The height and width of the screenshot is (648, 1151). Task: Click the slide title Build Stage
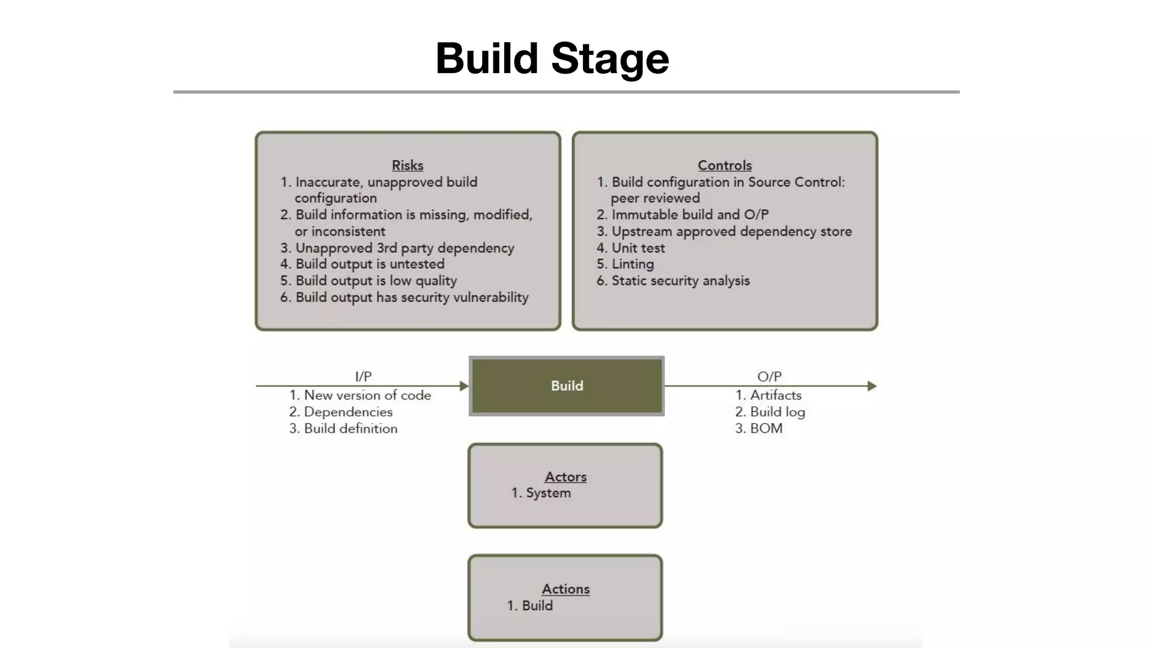coord(552,58)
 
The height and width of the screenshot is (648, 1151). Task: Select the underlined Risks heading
coord(407,165)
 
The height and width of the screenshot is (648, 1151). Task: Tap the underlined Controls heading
coord(724,165)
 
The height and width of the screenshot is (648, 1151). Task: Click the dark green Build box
coord(567,386)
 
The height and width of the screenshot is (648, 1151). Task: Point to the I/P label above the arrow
coord(363,376)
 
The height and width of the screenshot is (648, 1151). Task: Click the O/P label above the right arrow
coord(769,376)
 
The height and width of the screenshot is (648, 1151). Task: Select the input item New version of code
coord(366,395)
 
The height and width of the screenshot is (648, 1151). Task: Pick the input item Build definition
coord(350,429)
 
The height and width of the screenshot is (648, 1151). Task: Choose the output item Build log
coord(777,412)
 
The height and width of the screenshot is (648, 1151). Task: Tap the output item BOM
coord(765,429)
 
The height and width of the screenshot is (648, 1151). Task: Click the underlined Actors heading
coord(565,477)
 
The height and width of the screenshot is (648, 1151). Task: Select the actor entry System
coord(547,493)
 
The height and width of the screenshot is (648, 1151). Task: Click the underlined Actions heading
coord(565,589)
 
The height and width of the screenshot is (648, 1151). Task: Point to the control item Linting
coord(632,264)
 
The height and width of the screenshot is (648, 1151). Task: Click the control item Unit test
coord(637,248)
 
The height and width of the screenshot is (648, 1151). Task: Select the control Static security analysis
coord(680,281)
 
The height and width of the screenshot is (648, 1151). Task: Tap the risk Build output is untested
coord(369,264)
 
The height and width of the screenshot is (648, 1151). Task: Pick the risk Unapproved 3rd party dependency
coord(404,248)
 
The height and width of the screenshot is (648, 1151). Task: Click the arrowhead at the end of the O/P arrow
coord(872,386)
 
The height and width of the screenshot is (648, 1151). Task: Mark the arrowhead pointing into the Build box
coord(464,386)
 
